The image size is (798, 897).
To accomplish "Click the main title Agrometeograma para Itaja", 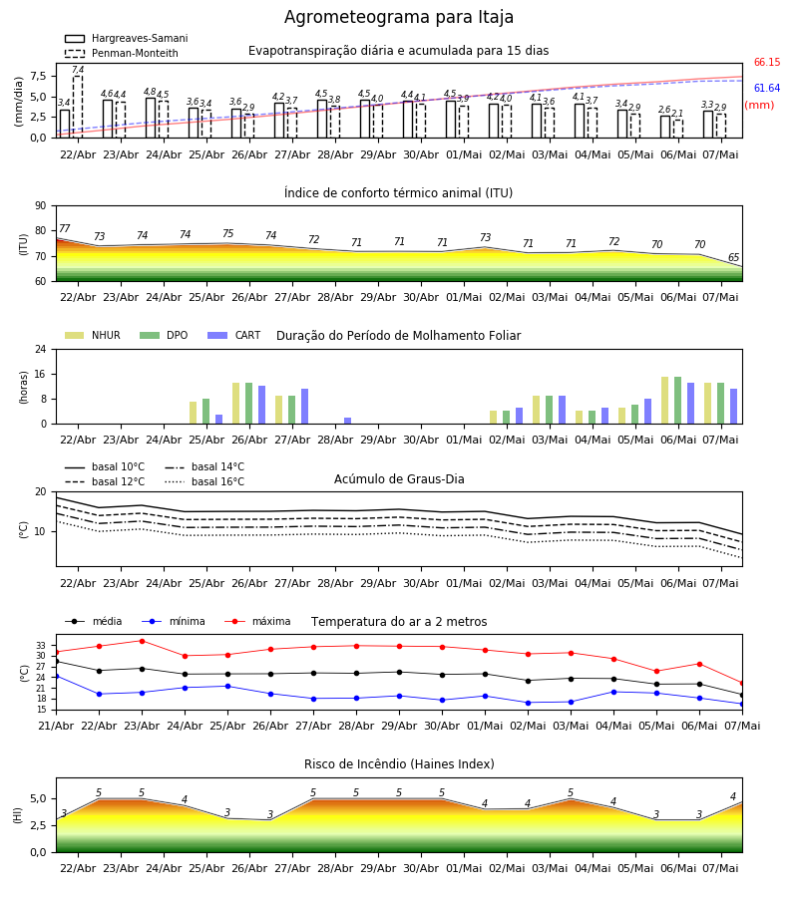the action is point(398,17).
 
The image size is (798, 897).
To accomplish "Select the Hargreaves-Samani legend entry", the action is point(126,38).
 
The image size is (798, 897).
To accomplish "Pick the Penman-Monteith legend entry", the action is point(122,53).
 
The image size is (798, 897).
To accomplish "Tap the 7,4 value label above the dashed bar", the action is point(78,70).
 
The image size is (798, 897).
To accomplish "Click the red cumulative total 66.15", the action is point(767,63).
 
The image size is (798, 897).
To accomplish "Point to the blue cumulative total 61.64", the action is point(767,88).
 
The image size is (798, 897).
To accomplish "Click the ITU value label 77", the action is point(64,228).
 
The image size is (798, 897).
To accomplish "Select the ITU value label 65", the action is point(733,257).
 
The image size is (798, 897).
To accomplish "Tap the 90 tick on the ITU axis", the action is point(41,206).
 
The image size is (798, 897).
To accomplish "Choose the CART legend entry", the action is point(234,335).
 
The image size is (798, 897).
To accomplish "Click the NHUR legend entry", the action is point(93,335).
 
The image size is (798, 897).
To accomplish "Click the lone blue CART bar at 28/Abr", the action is point(347,421).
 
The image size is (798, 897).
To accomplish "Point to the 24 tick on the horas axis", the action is point(41,349).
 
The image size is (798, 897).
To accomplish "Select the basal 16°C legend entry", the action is point(204,481).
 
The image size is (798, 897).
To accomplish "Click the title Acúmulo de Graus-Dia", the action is point(399,479).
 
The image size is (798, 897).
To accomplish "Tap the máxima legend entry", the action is point(257,621).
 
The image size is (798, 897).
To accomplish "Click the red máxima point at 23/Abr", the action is point(142,641).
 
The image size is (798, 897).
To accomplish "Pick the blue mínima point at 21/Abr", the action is point(57,676).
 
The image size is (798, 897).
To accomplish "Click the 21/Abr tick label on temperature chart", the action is point(56,726).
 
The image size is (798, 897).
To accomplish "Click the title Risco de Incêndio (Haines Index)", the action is point(399,764).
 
